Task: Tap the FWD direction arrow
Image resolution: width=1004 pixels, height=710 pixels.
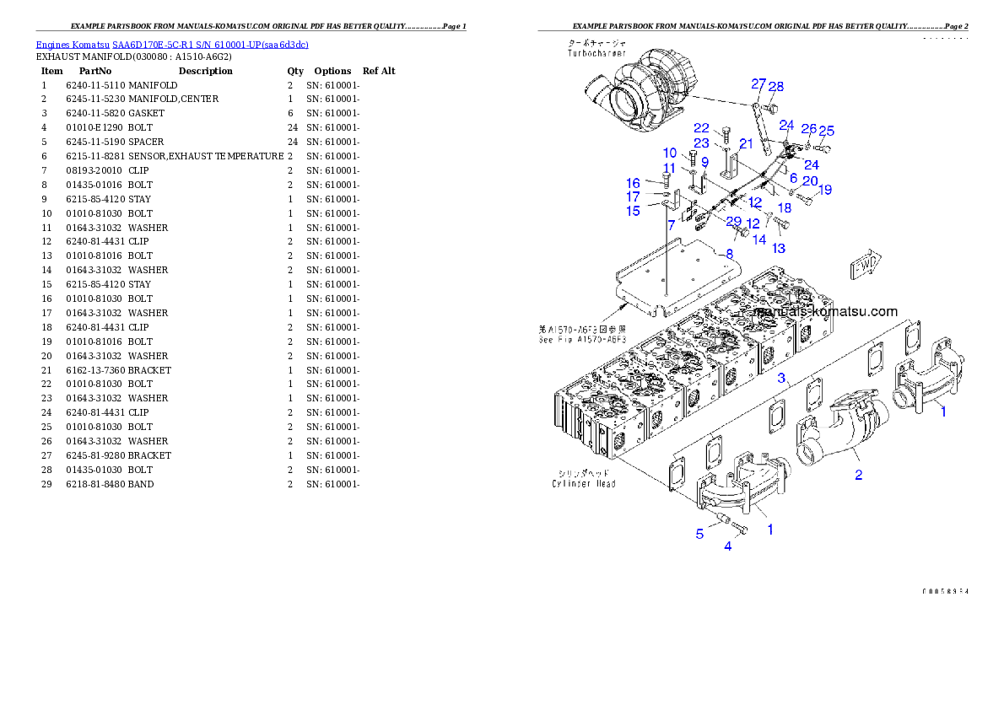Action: point(865,266)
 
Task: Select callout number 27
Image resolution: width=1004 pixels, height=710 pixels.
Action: point(758,84)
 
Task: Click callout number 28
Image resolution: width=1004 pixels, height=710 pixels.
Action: point(776,86)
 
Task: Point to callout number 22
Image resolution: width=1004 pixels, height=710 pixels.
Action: point(702,127)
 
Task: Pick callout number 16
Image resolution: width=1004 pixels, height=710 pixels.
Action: point(633,183)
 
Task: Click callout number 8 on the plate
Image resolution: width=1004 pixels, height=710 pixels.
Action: point(729,252)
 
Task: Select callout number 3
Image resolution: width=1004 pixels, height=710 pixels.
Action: point(782,377)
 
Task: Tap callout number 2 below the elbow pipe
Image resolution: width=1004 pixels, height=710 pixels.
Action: point(858,475)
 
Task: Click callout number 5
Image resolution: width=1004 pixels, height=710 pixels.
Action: point(699,533)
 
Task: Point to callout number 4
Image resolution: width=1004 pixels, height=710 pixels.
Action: point(727,546)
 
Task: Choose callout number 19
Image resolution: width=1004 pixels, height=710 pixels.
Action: point(824,190)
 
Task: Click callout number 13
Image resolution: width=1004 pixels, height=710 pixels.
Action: point(779,248)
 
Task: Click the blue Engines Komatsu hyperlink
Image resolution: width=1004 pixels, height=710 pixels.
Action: point(172,44)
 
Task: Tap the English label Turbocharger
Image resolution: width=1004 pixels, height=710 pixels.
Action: point(596,52)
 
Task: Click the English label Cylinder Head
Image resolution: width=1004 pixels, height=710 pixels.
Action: point(584,483)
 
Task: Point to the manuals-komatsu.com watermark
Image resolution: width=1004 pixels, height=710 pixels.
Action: point(825,311)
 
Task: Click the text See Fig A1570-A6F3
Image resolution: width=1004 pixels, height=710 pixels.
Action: point(582,340)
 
